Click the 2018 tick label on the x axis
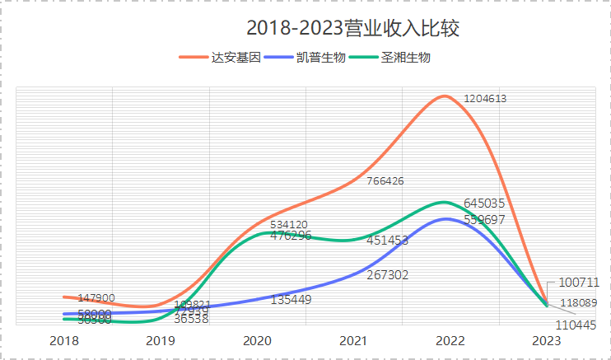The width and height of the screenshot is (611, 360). (x=64, y=340)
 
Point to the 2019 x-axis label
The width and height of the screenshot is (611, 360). (x=161, y=340)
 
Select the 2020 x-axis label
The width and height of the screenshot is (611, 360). (x=258, y=340)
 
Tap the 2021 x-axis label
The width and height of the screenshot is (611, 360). (x=354, y=340)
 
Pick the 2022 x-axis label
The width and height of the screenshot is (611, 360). (x=450, y=340)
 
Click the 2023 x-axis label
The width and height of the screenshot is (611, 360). (x=547, y=340)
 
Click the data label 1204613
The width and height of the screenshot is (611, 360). (x=485, y=99)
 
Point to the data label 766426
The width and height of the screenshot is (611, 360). (x=385, y=181)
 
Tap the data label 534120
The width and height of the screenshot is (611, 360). (x=289, y=224)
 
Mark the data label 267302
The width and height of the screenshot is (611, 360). (x=388, y=275)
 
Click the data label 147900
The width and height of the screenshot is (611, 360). (x=96, y=297)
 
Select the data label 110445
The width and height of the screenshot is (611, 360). (x=576, y=325)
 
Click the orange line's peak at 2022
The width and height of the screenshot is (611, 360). (x=445, y=96)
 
